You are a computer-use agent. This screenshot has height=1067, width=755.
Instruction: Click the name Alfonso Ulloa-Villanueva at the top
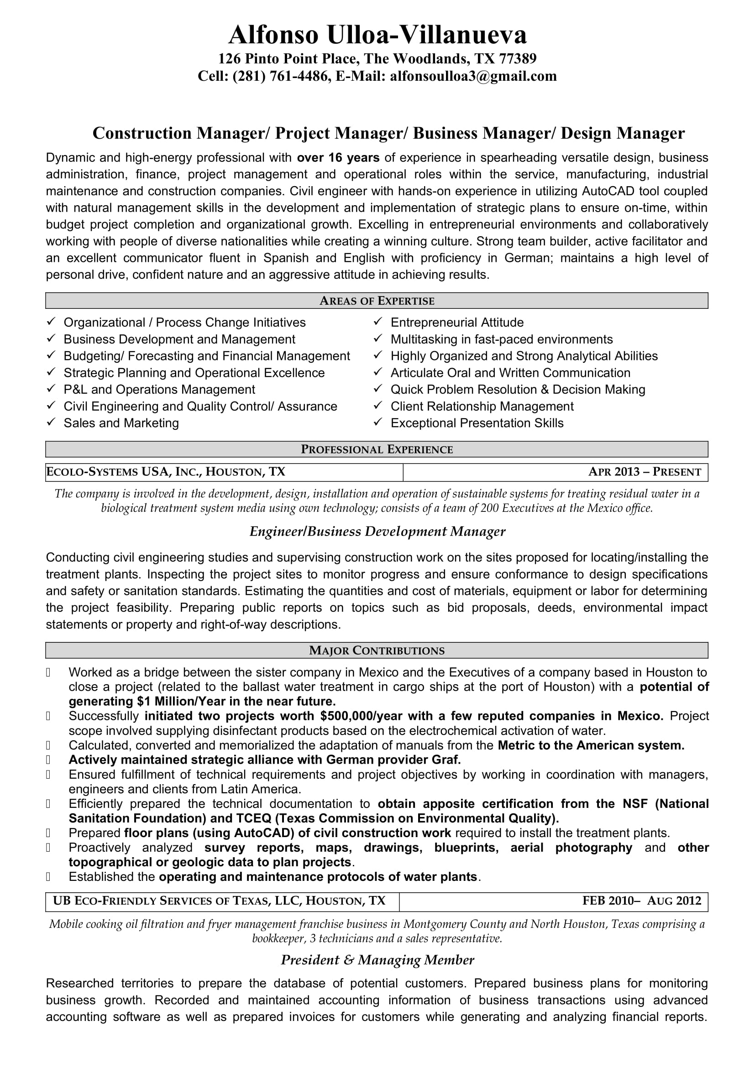377,35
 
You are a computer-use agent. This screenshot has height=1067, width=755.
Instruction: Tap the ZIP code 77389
518,58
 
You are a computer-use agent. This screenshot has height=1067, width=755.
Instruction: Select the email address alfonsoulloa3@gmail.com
473,76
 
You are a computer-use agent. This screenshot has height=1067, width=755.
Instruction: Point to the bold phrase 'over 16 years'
338,158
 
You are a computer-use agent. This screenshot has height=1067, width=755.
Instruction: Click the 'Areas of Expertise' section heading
377,301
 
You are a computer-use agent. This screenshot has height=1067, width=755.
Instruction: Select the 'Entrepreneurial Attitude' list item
456,323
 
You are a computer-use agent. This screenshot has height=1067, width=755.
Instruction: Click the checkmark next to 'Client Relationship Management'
378,406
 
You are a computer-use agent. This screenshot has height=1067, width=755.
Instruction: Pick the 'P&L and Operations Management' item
159,390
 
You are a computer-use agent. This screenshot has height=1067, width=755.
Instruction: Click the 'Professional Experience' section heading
377,449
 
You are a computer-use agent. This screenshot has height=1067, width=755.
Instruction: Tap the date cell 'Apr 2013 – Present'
645,472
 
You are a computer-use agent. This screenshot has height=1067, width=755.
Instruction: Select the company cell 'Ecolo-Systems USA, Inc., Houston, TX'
166,472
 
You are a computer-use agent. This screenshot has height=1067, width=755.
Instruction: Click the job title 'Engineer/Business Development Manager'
377,531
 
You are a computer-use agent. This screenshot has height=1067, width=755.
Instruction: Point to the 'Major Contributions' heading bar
377,651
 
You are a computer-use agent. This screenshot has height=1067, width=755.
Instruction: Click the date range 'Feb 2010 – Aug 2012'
641,901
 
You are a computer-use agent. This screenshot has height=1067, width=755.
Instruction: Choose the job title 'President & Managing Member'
377,960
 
